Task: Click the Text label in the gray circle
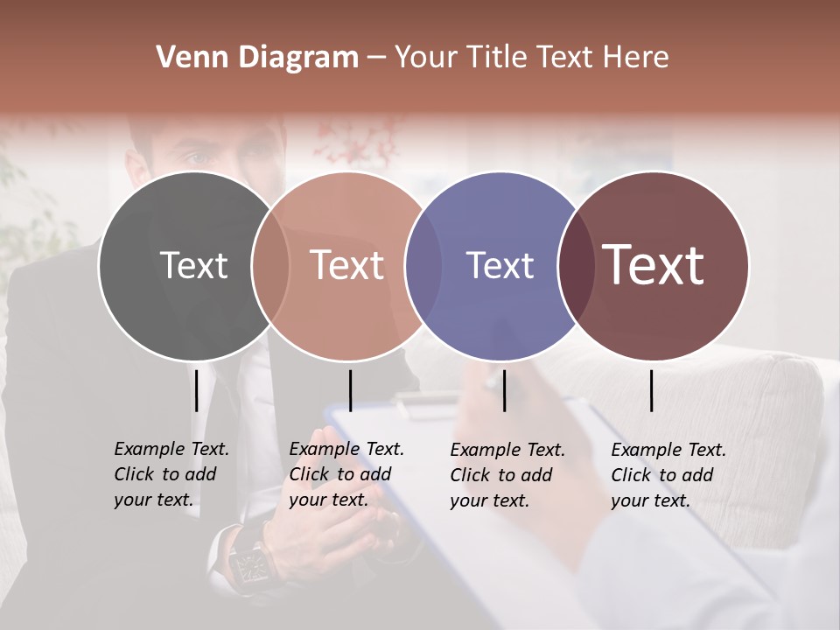coord(193,265)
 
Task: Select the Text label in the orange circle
coord(347,265)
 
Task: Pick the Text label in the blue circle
coord(500,265)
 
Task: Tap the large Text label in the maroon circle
coord(654,265)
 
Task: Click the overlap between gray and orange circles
coord(270,265)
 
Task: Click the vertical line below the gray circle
coord(196,390)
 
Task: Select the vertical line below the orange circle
coord(350,390)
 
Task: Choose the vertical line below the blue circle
coord(504,390)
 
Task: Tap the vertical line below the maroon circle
coord(651,390)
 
